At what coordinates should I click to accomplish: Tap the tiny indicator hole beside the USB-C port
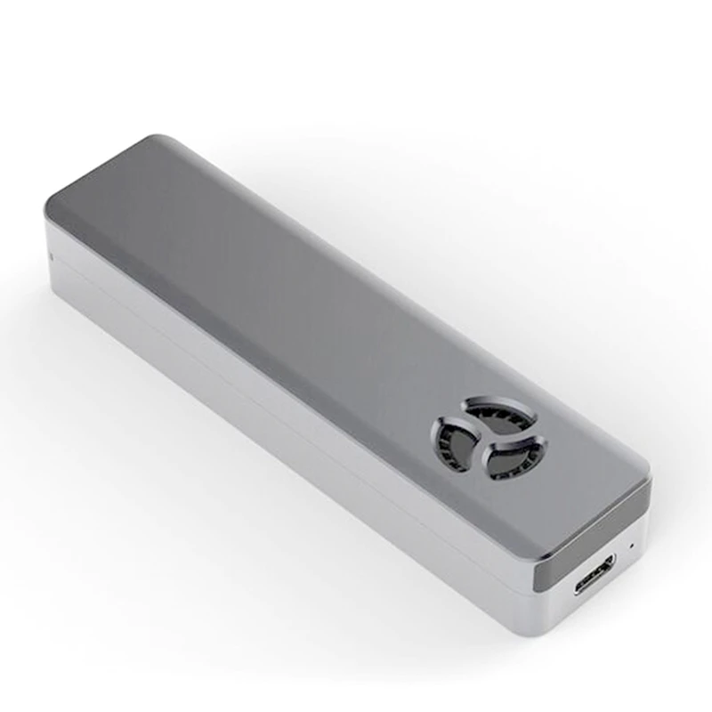(x=632, y=545)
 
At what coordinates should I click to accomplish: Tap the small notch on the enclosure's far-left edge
(x=50, y=256)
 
